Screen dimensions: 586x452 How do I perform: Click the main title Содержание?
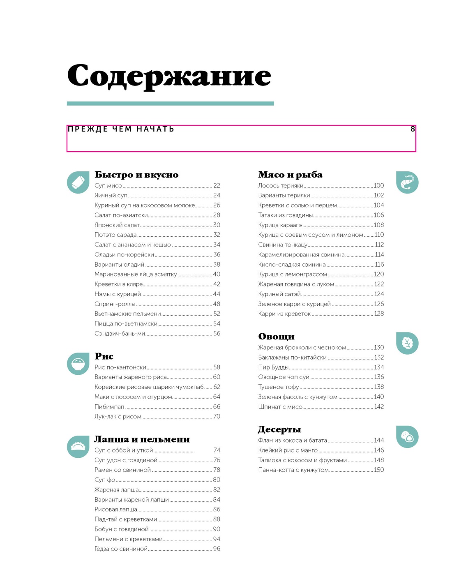coord(169,76)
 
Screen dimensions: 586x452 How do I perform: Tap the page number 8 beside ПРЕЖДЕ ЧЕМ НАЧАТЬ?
coord(413,129)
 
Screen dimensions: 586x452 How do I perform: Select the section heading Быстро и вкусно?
coord(136,175)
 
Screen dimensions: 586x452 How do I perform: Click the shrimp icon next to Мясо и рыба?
coord(407,182)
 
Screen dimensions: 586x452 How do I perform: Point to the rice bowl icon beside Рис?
coord(78,364)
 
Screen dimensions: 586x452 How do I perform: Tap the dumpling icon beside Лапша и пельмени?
coord(78,447)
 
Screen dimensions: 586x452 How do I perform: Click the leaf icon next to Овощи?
coord(407,343)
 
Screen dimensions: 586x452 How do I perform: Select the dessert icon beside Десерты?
coord(407,436)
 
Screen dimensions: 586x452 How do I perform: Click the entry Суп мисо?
coord(108,186)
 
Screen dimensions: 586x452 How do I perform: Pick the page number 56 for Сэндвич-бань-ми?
coord(217,334)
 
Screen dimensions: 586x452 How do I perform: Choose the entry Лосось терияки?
coord(281,186)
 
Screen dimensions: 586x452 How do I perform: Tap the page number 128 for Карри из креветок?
coord(378,314)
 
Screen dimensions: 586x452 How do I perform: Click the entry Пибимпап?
coord(109,407)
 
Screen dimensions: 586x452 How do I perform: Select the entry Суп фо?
coord(105,480)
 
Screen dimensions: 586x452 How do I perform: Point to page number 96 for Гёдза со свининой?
coord(217,549)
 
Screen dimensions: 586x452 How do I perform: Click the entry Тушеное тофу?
coord(279,387)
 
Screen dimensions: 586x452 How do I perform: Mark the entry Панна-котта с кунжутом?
coord(293,470)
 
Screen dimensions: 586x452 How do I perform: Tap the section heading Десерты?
coord(279,429)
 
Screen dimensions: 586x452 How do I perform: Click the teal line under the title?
coord(170,104)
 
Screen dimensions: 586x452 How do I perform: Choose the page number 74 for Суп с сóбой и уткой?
coord(217,450)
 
